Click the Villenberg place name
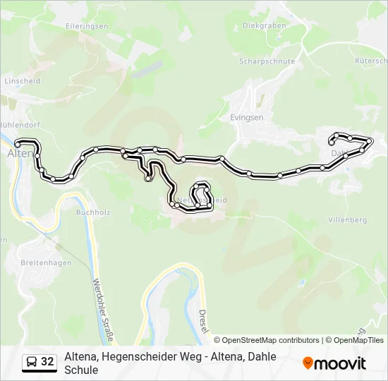(348, 220)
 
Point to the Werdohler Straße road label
(103, 303)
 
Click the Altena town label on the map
(19, 152)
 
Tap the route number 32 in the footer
(47, 362)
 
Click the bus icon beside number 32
(31, 362)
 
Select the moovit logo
(334, 363)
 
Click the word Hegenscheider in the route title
(135, 357)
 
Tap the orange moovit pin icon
(308, 363)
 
